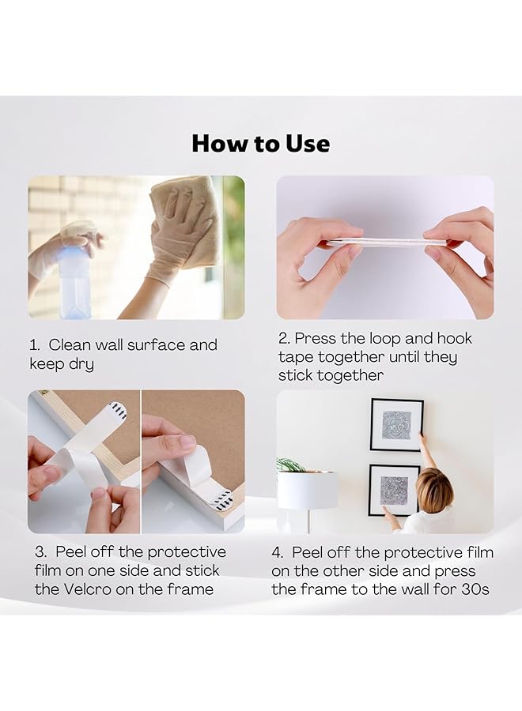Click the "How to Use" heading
pyautogui.click(x=260, y=144)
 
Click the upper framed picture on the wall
pyautogui.click(x=396, y=424)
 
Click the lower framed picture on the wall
pyautogui.click(x=394, y=488)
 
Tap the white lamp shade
pyautogui.click(x=307, y=490)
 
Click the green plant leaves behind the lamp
pyautogui.click(x=290, y=465)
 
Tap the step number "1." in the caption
pyautogui.click(x=35, y=345)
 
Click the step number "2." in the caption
pyautogui.click(x=284, y=338)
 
